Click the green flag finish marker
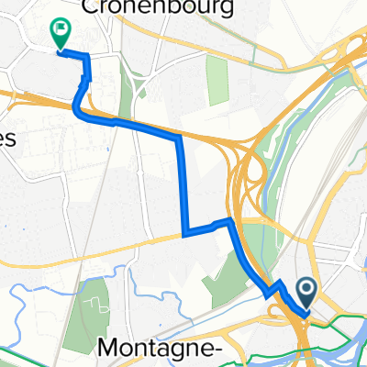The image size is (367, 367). pyautogui.click(x=61, y=33)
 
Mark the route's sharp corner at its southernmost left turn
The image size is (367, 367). pyautogui.click(x=184, y=234)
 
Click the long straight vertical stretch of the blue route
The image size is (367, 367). pyautogui.click(x=182, y=183)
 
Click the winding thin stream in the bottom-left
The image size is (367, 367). pyautogui.click(x=37, y=294)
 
